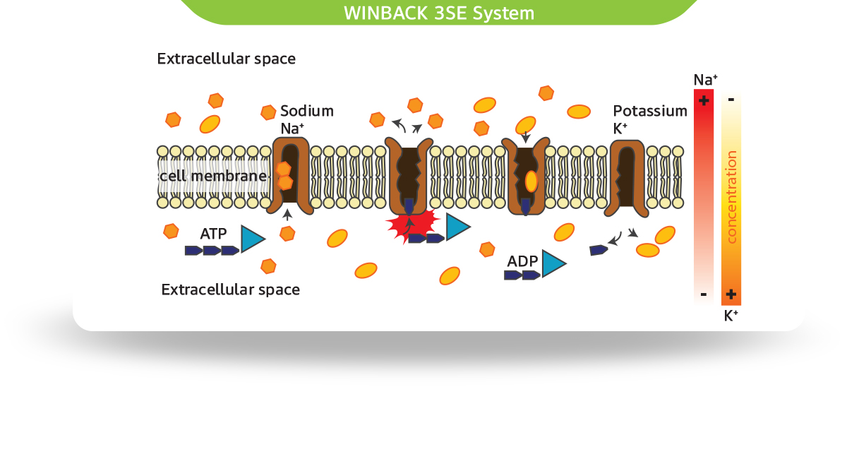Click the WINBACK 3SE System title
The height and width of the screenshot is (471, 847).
(438, 13)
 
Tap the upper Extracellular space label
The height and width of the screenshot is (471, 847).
(226, 59)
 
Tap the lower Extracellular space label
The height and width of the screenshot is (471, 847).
(230, 290)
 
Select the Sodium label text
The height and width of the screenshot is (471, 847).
(307, 111)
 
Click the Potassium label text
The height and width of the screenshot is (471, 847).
(649, 111)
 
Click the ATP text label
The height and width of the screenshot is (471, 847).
(213, 233)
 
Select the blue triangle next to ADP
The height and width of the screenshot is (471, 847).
(552, 264)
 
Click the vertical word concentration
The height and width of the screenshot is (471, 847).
(731, 197)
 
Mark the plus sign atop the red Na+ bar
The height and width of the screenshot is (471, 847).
(703, 100)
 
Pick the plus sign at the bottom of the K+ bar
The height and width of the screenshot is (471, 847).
(731, 294)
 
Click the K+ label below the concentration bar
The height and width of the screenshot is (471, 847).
(731, 316)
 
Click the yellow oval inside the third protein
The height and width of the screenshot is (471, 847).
(531, 181)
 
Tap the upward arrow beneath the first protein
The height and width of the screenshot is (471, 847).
(287, 214)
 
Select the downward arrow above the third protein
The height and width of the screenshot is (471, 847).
(524, 134)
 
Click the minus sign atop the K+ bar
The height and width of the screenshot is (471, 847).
(731, 100)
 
